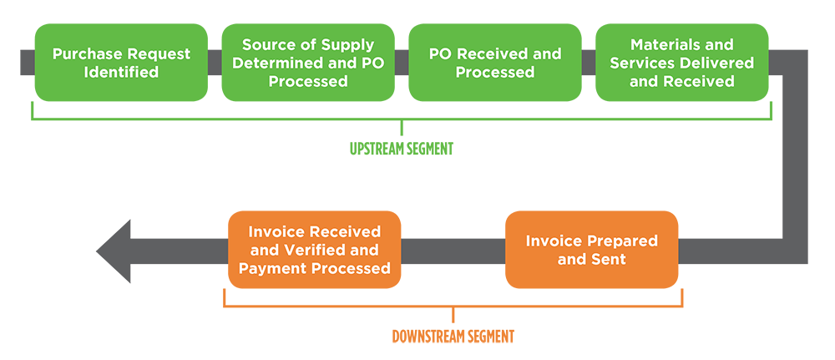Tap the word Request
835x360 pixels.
tap(155, 54)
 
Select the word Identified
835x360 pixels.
tap(121, 73)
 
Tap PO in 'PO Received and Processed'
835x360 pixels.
tap(440, 54)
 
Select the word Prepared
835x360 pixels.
tap(622, 241)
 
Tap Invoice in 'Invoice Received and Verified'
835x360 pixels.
tap(277, 231)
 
